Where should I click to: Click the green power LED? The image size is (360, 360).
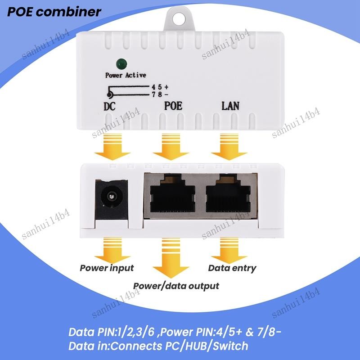(x=121, y=64)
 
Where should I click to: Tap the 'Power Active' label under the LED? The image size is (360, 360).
(x=126, y=75)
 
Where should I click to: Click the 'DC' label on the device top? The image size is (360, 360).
(x=109, y=107)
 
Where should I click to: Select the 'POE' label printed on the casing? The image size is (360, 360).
(x=173, y=106)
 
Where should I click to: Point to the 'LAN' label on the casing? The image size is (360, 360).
(x=230, y=106)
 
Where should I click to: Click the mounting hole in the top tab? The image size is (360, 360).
(x=179, y=19)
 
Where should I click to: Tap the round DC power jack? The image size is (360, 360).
(x=111, y=197)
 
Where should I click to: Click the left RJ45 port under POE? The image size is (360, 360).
(x=172, y=193)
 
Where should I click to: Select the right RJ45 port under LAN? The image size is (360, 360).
(x=228, y=193)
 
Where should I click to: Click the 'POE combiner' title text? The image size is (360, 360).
(x=54, y=12)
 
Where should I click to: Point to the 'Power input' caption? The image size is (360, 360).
(x=107, y=268)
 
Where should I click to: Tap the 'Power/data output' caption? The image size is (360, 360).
(x=176, y=286)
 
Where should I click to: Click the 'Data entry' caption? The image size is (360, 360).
(x=232, y=268)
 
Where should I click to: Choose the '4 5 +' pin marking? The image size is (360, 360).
(x=160, y=87)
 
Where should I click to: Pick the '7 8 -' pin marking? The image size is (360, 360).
(x=160, y=94)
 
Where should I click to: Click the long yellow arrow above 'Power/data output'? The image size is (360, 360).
(x=171, y=258)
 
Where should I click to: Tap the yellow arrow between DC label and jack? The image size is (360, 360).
(x=112, y=147)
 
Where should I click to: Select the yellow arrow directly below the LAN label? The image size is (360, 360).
(x=229, y=147)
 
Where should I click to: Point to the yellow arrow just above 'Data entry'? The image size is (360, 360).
(x=229, y=251)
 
